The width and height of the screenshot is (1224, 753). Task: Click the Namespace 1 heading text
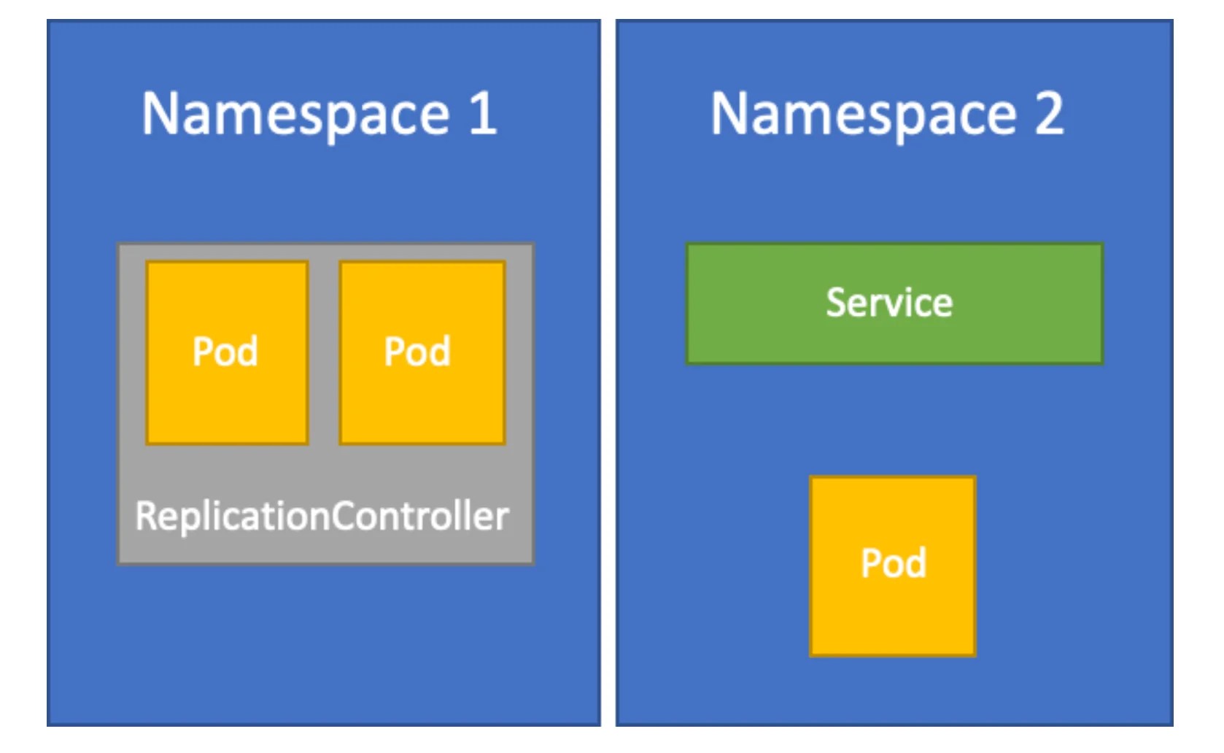tap(319, 115)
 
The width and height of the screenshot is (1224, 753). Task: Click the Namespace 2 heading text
tap(887, 115)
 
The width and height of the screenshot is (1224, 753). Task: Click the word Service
tap(889, 303)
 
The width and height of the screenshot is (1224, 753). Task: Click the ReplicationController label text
tap(322, 516)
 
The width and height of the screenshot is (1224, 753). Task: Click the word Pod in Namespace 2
tap(894, 563)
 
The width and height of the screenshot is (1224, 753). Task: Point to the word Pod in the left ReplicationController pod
tap(225, 352)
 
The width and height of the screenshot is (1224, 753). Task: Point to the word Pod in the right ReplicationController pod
tap(417, 352)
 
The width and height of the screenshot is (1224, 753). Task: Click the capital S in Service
tap(835, 303)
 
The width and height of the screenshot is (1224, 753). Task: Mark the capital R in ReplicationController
tap(145, 516)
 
